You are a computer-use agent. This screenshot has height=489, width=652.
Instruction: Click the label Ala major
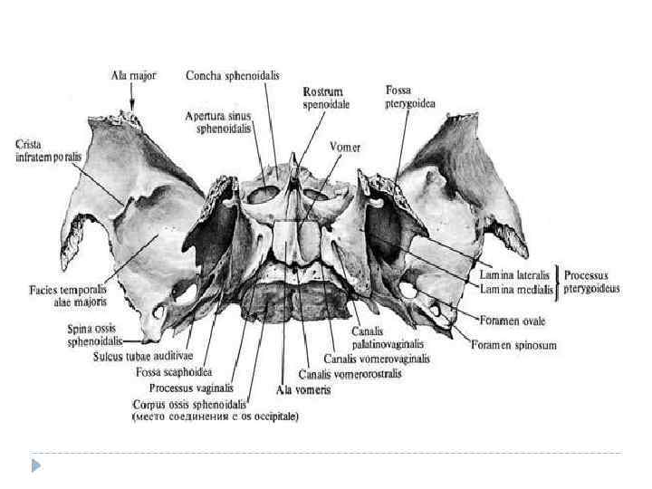(x=133, y=76)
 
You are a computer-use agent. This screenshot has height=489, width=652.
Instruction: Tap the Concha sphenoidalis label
(x=229, y=75)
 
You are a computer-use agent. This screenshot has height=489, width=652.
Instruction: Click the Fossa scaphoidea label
(x=173, y=371)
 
